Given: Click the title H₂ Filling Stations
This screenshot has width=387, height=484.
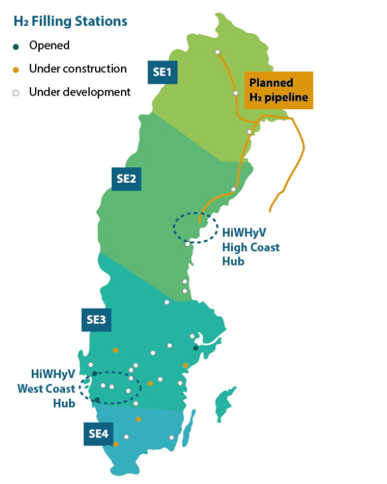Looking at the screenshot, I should click(x=70, y=21).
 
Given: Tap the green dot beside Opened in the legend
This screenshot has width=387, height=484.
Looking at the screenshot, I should click(x=16, y=46).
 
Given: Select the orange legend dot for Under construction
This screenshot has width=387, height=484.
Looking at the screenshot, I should click(x=16, y=69).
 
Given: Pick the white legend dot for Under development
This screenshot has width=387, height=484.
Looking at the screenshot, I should click(x=16, y=92).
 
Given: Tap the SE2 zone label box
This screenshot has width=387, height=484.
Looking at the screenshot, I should click(x=126, y=179).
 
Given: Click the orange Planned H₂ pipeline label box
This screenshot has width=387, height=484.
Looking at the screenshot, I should click(x=278, y=92).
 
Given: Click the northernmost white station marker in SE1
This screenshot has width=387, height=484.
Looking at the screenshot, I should click(x=217, y=53).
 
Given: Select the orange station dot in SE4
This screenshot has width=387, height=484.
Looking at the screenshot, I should click(x=116, y=444).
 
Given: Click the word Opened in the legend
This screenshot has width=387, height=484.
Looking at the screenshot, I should click(x=49, y=46).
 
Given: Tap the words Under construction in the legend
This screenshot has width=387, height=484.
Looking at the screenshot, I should click(x=77, y=69).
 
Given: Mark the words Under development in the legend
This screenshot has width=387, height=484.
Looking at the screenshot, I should click(x=79, y=92).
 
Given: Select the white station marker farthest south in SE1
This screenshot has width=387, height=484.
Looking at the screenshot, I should click(x=249, y=131).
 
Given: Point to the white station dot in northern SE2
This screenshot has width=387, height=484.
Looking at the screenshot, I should click(x=234, y=189).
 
